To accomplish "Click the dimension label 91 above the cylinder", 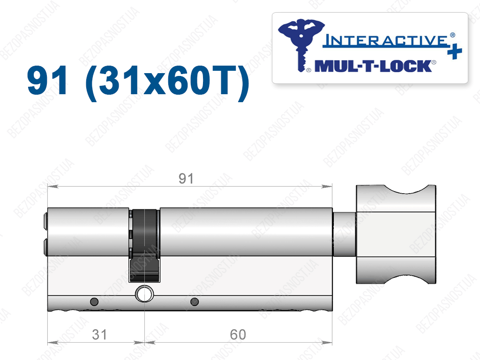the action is (186, 179).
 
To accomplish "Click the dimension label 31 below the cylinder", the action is (99, 335).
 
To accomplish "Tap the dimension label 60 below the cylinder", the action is (238, 335).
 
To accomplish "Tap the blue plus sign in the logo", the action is (454, 52).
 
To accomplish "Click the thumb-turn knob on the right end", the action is (396, 234).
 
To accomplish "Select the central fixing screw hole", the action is (144, 294).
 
